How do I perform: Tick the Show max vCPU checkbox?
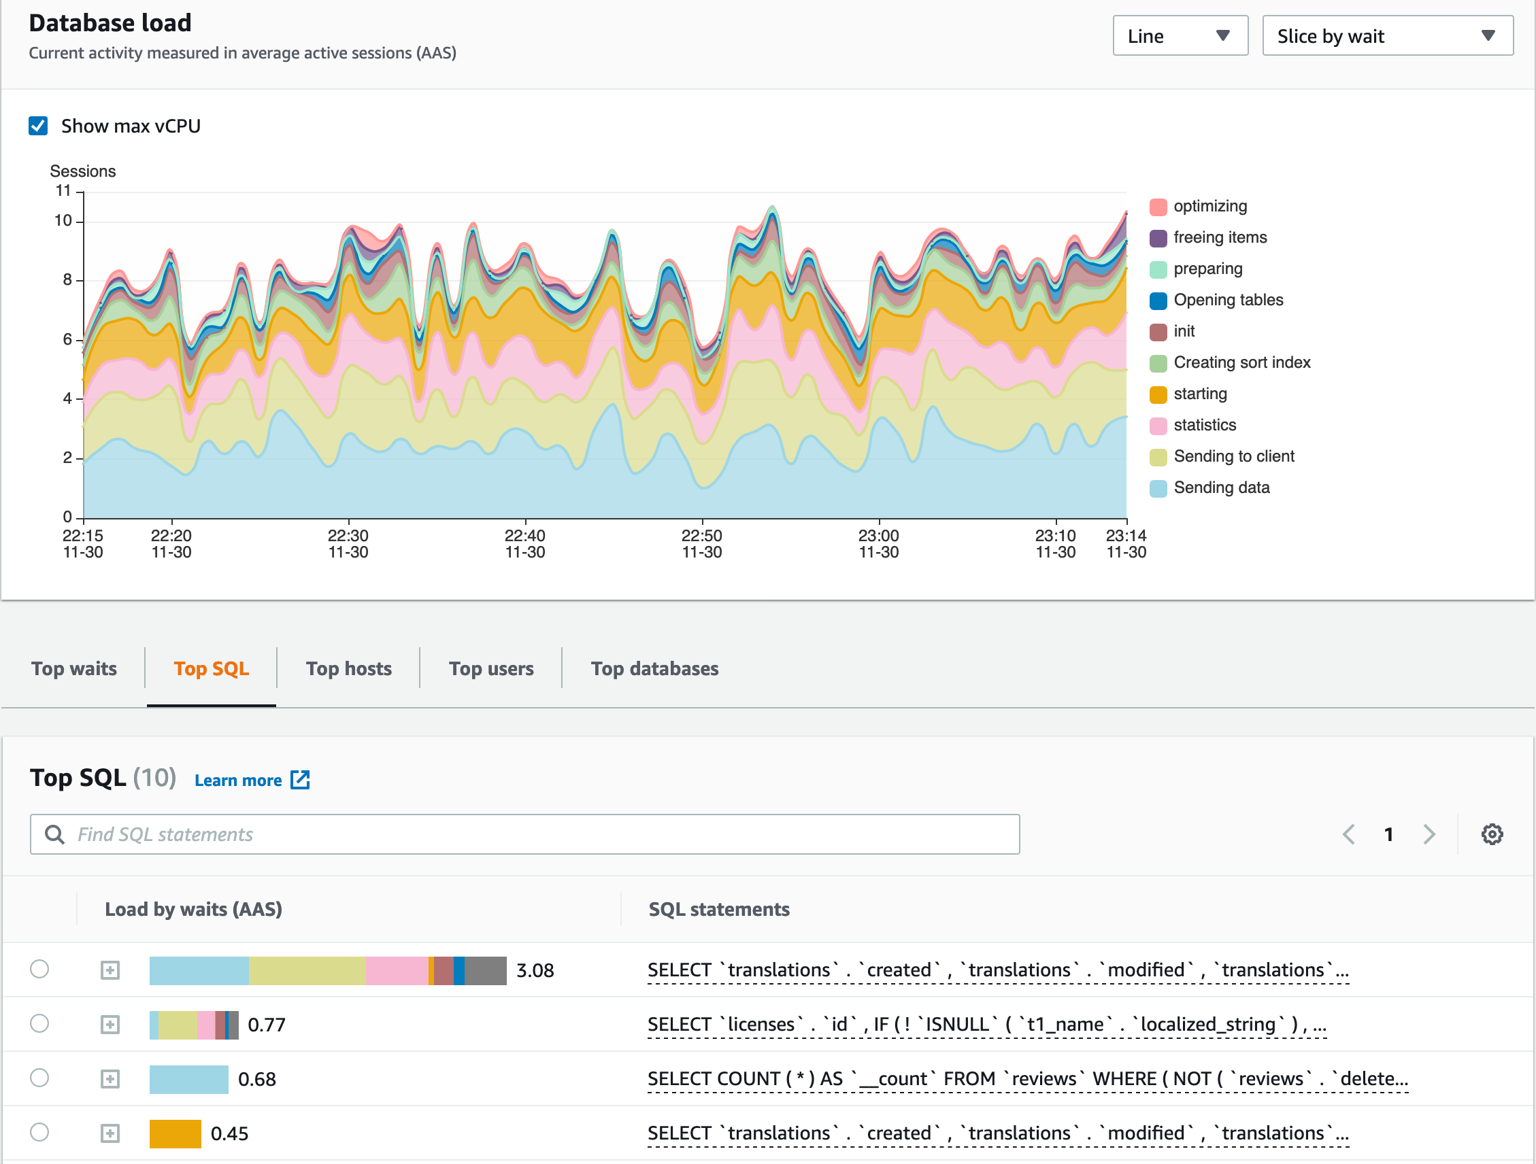pyautogui.click(x=38, y=126)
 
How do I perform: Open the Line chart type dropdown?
pyautogui.click(x=1179, y=36)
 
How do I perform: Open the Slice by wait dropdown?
pyautogui.click(x=1387, y=36)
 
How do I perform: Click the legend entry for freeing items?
pyautogui.click(x=1220, y=237)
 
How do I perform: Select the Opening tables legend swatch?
pyautogui.click(x=1158, y=301)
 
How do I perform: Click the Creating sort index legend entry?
pyautogui.click(x=1241, y=362)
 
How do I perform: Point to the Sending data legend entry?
pyautogui.click(x=1221, y=487)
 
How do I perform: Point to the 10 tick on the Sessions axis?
pyautogui.click(x=63, y=221)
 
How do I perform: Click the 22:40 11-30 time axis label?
pyautogui.click(x=525, y=543)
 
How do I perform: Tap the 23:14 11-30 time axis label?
pyautogui.click(x=1126, y=543)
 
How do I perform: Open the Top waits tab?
pyautogui.click(x=73, y=668)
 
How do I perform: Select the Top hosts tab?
pyautogui.click(x=348, y=668)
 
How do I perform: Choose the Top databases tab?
pyautogui.click(x=654, y=668)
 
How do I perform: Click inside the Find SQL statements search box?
pyautogui.click(x=524, y=834)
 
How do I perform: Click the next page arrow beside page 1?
pyautogui.click(x=1429, y=834)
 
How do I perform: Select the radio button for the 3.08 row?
pyautogui.click(x=39, y=969)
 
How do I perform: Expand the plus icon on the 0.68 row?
pyautogui.click(x=110, y=1078)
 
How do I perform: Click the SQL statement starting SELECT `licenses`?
pyautogui.click(x=986, y=1025)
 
